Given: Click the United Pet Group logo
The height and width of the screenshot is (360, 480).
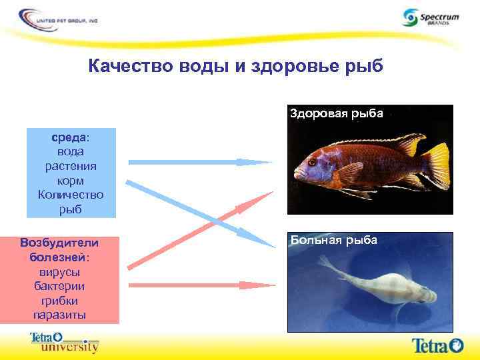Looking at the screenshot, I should pyautogui.click(x=59, y=18).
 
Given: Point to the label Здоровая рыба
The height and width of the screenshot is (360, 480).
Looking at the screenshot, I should pyautogui.click(x=336, y=113).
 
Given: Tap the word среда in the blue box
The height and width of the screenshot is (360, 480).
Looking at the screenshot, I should pyautogui.click(x=70, y=137).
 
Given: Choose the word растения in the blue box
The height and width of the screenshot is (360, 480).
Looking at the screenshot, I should pyautogui.click(x=71, y=166).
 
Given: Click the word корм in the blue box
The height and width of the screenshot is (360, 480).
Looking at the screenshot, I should pyautogui.click(x=71, y=181).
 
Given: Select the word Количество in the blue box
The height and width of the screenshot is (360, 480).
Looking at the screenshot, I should pyautogui.click(x=71, y=195).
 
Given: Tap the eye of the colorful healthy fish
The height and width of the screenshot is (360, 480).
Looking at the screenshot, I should pyautogui.click(x=312, y=161).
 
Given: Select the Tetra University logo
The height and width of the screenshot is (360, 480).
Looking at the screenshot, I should pyautogui.click(x=64, y=342).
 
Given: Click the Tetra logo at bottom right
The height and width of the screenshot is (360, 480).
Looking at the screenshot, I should pyautogui.click(x=437, y=345).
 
